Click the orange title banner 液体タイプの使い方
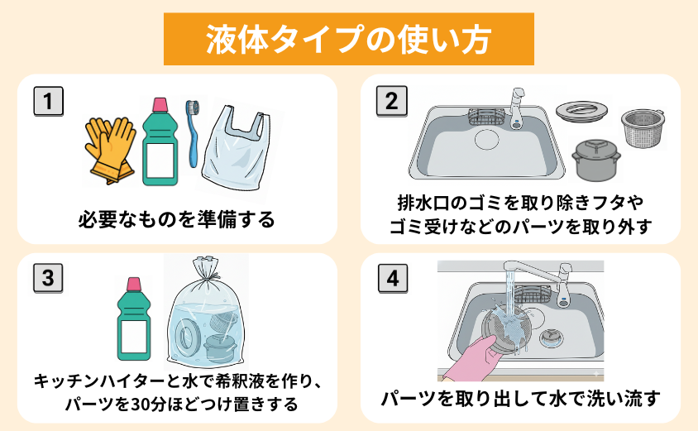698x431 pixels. (348, 38)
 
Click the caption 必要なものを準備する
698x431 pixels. (175, 220)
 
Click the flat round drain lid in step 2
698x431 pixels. (584, 110)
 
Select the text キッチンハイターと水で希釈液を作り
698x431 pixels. (176, 381)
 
